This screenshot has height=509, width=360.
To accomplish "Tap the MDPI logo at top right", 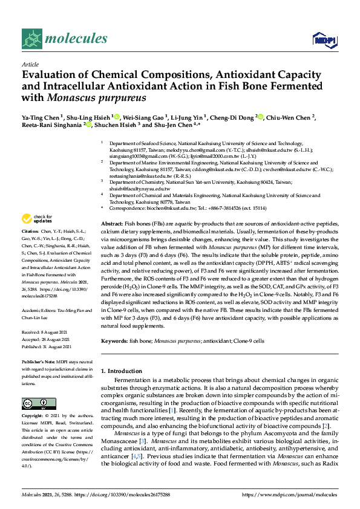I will [x=324, y=40].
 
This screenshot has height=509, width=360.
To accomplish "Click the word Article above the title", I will [x=30, y=63].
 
